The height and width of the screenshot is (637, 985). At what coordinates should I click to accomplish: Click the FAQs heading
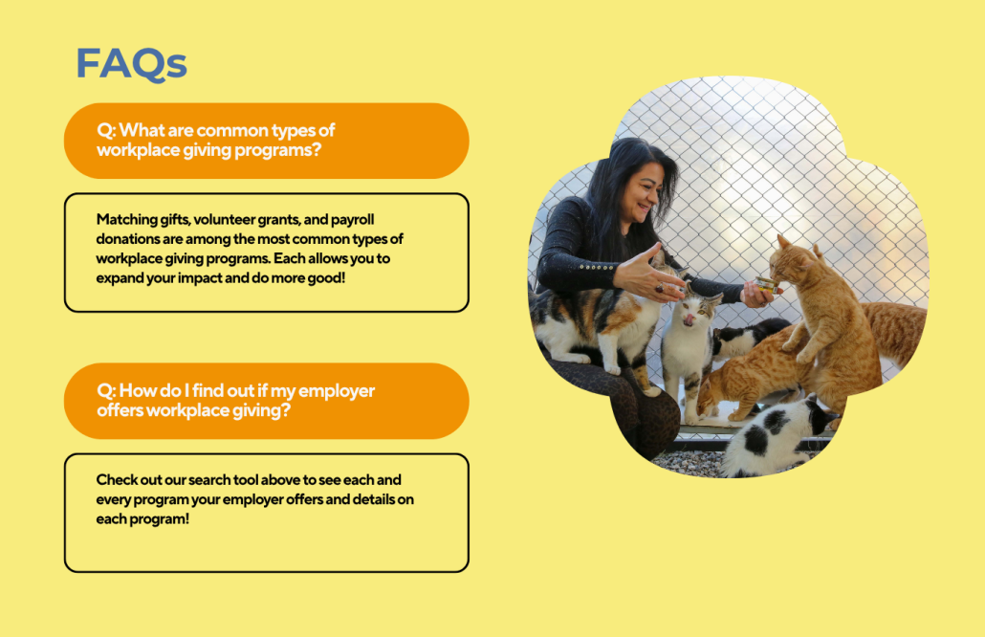(131, 64)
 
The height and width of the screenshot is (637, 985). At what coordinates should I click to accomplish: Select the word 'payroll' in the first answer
(353, 220)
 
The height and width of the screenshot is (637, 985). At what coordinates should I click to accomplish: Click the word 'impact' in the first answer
(200, 278)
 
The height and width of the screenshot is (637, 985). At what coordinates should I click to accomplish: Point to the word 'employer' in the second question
(336, 391)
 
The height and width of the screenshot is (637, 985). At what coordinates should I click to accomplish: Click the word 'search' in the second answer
(209, 480)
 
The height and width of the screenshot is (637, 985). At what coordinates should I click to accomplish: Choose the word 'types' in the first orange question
(294, 131)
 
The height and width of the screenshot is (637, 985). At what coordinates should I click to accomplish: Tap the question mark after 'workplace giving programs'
(316, 149)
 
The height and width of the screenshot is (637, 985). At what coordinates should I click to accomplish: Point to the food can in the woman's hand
(766, 284)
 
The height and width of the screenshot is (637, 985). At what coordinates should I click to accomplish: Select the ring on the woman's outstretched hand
(660, 288)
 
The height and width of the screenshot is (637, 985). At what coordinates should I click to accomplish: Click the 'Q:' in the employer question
(106, 391)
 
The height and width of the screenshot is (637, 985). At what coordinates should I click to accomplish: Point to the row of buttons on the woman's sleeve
(597, 267)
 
